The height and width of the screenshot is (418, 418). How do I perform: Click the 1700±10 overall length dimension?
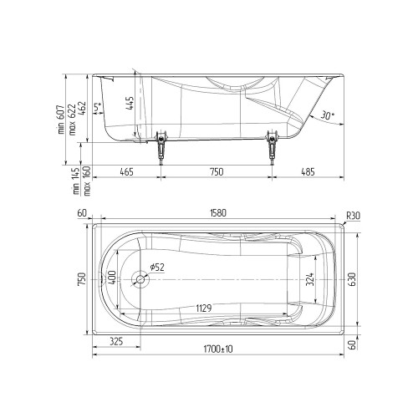coord(218,349)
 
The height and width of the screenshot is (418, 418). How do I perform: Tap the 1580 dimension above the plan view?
coord(217,213)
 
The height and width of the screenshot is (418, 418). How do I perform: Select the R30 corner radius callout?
coord(353,216)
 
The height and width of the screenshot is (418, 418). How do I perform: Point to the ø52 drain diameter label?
coord(157,268)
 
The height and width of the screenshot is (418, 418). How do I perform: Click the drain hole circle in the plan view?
coord(140,279)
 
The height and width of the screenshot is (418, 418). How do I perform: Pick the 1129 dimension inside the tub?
coord(204,308)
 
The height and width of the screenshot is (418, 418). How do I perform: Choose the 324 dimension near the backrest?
coord(310,279)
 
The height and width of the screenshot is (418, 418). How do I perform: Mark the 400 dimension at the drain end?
coord(112,278)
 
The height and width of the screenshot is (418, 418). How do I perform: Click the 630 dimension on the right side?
coord(352,279)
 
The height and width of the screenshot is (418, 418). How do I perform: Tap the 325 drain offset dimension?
coord(116,341)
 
